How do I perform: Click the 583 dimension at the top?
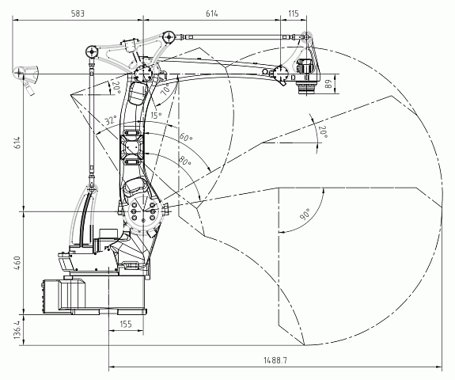[x=78, y=13]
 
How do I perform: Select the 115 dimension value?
[x=294, y=13]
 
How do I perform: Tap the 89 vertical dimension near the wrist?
[x=328, y=85]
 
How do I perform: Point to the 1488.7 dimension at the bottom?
[x=275, y=360]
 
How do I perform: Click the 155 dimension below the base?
[x=126, y=324]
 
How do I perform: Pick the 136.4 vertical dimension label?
[x=17, y=330]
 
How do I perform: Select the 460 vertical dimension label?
[x=17, y=263]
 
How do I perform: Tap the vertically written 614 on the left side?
[x=17, y=142]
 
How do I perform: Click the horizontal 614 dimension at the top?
[x=211, y=13]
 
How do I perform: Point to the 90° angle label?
[x=305, y=214]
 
